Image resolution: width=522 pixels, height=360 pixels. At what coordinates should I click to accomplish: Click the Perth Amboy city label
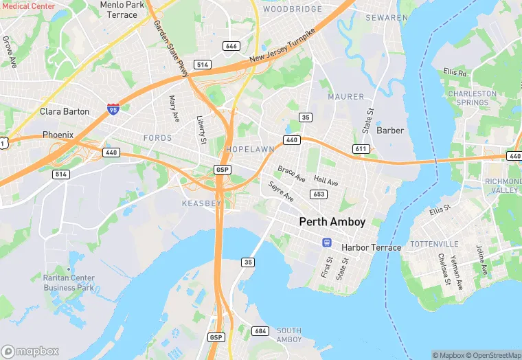(x=332, y=222)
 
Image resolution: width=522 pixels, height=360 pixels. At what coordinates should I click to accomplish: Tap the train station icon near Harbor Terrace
(x=328, y=242)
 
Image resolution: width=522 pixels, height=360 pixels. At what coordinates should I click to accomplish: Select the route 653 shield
(x=318, y=194)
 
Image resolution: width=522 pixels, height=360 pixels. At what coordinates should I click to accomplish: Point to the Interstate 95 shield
(x=113, y=109)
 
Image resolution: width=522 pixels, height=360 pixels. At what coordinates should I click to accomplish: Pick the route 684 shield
(x=260, y=332)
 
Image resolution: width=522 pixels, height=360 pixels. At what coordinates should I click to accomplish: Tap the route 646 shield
(x=231, y=46)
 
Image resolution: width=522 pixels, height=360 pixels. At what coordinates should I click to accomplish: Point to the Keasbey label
(x=201, y=204)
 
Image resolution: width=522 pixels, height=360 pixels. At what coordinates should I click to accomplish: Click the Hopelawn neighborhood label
(x=250, y=149)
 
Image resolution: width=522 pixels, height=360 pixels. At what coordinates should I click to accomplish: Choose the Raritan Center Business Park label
(x=69, y=282)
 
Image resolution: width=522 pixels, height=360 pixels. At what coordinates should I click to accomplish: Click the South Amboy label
(x=289, y=335)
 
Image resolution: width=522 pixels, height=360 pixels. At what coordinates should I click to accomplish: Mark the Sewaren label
(x=387, y=16)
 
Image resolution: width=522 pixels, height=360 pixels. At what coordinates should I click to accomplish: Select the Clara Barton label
(x=65, y=111)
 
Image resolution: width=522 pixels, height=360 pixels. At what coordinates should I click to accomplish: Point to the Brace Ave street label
(x=291, y=173)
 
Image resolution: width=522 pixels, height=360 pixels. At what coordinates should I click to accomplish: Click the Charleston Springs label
(x=472, y=98)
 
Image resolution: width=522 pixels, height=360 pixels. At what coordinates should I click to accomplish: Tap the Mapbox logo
(x=31, y=350)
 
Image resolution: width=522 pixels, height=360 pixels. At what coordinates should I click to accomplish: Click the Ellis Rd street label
(x=455, y=71)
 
